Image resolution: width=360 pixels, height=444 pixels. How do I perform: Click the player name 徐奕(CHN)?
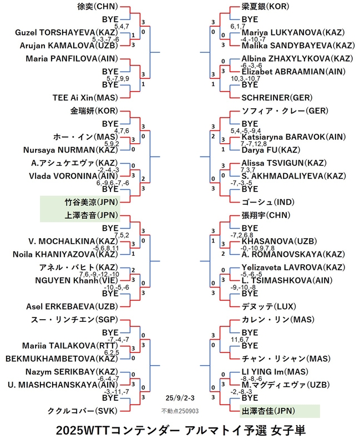coord(98,7)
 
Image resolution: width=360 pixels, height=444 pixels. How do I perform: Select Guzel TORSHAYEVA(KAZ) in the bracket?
coord(67,33)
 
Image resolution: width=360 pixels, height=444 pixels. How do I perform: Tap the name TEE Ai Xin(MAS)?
coord(85,98)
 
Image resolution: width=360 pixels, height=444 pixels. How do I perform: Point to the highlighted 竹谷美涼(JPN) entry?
coord(91,202)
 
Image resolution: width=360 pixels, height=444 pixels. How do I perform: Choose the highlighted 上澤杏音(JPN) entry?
coord(91,215)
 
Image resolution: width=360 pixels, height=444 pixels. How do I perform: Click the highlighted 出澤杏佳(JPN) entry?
coord(268,411)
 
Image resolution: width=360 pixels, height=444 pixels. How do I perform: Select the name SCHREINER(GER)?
coord(277,98)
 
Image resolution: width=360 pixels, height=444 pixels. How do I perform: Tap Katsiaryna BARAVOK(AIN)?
coord(293,137)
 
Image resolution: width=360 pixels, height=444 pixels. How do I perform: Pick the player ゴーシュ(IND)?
coord(268,202)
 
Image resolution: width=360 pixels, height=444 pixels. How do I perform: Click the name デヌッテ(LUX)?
coord(268,306)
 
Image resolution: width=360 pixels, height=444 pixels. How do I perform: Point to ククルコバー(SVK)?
coord(82,411)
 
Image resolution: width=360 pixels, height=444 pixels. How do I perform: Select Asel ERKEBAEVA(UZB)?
coord(72,306)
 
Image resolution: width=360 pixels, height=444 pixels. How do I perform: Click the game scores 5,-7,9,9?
coord(118,78)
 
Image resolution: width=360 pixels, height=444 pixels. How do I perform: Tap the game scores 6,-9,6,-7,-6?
coord(113,183)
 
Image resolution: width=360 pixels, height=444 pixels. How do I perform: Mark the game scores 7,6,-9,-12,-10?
coord(99,274)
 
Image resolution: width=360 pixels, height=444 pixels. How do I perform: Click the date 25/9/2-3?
coord(180,398)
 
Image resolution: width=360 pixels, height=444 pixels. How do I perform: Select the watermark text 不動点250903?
coord(180,411)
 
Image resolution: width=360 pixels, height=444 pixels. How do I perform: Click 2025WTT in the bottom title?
coord(82,431)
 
